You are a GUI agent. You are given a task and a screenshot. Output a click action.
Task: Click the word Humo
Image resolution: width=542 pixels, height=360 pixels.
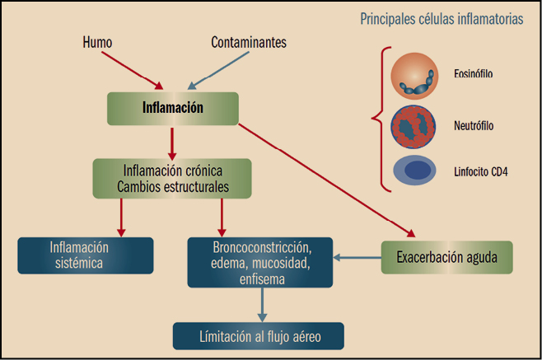click(97, 41)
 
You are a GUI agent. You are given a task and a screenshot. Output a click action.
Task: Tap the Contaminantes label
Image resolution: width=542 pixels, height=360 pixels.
click(249, 41)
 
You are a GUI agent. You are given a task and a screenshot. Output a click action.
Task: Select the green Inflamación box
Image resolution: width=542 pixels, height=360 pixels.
click(173, 108)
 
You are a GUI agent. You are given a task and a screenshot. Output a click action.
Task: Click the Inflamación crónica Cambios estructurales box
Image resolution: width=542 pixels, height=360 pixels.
click(172, 179)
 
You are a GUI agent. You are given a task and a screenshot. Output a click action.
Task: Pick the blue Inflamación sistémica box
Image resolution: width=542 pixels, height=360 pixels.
click(86, 255)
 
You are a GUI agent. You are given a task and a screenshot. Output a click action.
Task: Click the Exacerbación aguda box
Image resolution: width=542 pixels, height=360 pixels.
click(446, 257)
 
